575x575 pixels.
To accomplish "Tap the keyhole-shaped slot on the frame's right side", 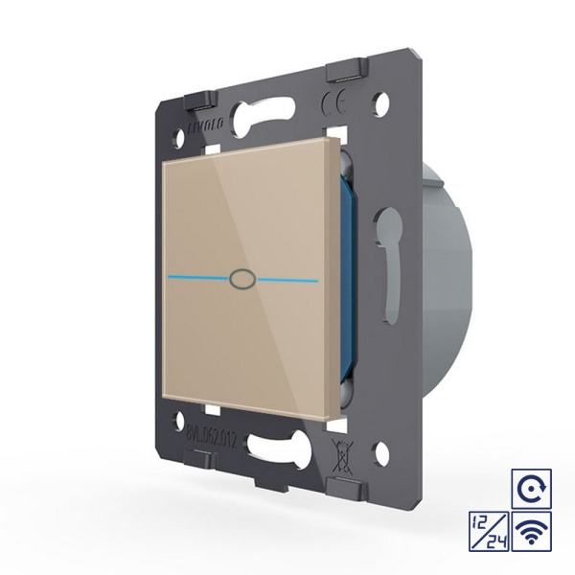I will [x=390, y=253].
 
